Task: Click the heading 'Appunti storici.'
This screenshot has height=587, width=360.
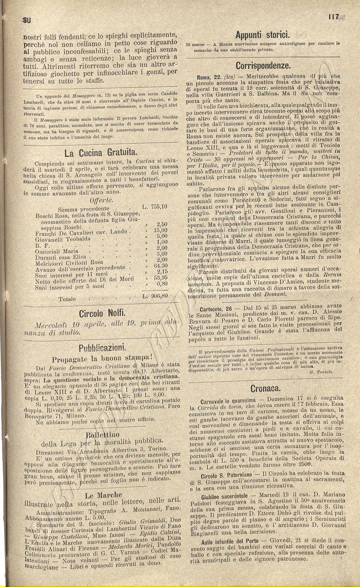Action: coord(262,35)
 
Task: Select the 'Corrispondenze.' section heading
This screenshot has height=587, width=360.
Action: coord(262,64)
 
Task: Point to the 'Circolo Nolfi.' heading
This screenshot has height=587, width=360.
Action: coord(102,313)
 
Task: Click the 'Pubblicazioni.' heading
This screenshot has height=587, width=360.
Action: coord(102,348)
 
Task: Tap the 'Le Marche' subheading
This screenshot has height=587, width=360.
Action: coord(101,494)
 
